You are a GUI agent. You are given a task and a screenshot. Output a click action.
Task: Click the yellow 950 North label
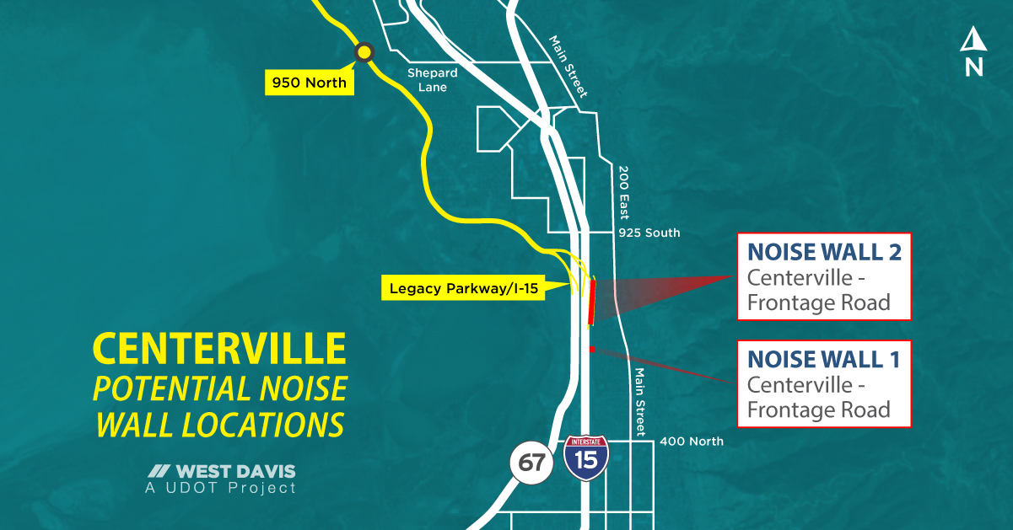[x=309, y=83]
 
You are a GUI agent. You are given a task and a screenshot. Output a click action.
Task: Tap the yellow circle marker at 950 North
[x=364, y=52]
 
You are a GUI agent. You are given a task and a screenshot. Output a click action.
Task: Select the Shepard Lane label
[x=433, y=80]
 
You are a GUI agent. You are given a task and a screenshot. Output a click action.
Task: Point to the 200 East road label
[x=624, y=191]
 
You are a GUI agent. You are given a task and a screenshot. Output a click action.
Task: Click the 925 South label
[x=649, y=233]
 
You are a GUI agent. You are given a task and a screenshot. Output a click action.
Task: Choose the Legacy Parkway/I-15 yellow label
[x=462, y=288]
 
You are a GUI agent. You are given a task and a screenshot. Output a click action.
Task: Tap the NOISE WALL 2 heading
[x=824, y=252]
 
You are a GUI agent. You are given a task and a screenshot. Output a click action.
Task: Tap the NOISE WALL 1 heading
[x=824, y=360]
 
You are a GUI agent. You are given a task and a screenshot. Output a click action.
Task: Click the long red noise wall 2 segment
[x=591, y=302]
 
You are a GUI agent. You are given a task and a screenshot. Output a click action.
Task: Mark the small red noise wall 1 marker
[x=592, y=349]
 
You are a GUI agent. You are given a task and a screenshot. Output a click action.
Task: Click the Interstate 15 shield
[x=585, y=458]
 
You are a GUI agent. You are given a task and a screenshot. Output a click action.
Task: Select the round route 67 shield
[x=531, y=463]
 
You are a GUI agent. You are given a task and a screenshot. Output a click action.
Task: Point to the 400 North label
[x=691, y=441]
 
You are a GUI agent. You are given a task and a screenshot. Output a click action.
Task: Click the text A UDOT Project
[x=221, y=488]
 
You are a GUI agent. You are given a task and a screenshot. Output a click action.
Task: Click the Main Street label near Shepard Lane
[x=568, y=67]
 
